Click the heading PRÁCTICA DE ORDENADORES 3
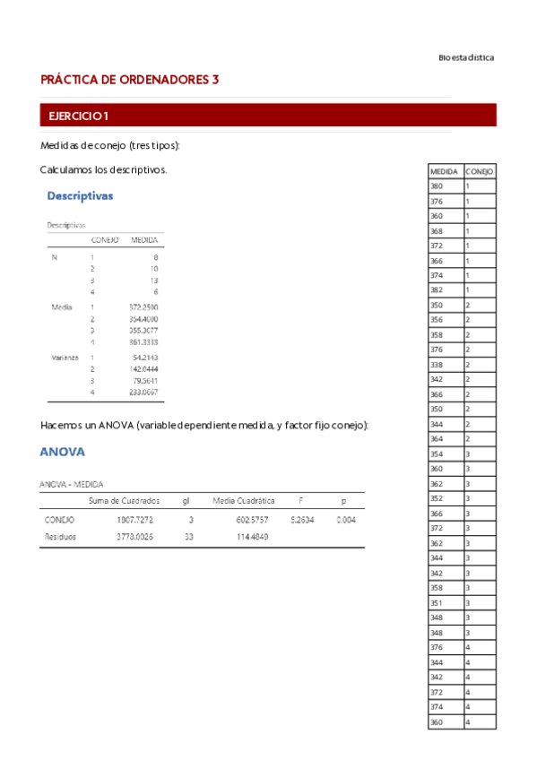[x=130, y=80]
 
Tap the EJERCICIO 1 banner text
[x=79, y=116]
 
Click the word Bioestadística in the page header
[x=466, y=57]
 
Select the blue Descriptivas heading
[x=80, y=195]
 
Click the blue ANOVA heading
[x=62, y=453]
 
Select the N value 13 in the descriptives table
[x=153, y=281]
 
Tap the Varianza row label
[x=62, y=358]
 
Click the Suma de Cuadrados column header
[x=125, y=500]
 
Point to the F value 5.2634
[x=301, y=519]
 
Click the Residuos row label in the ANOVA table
[x=60, y=537]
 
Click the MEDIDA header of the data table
[x=445, y=171]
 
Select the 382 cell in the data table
[x=437, y=290]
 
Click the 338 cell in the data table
[x=437, y=365]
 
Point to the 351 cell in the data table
[x=437, y=603]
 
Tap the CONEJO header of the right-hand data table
[x=480, y=171]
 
